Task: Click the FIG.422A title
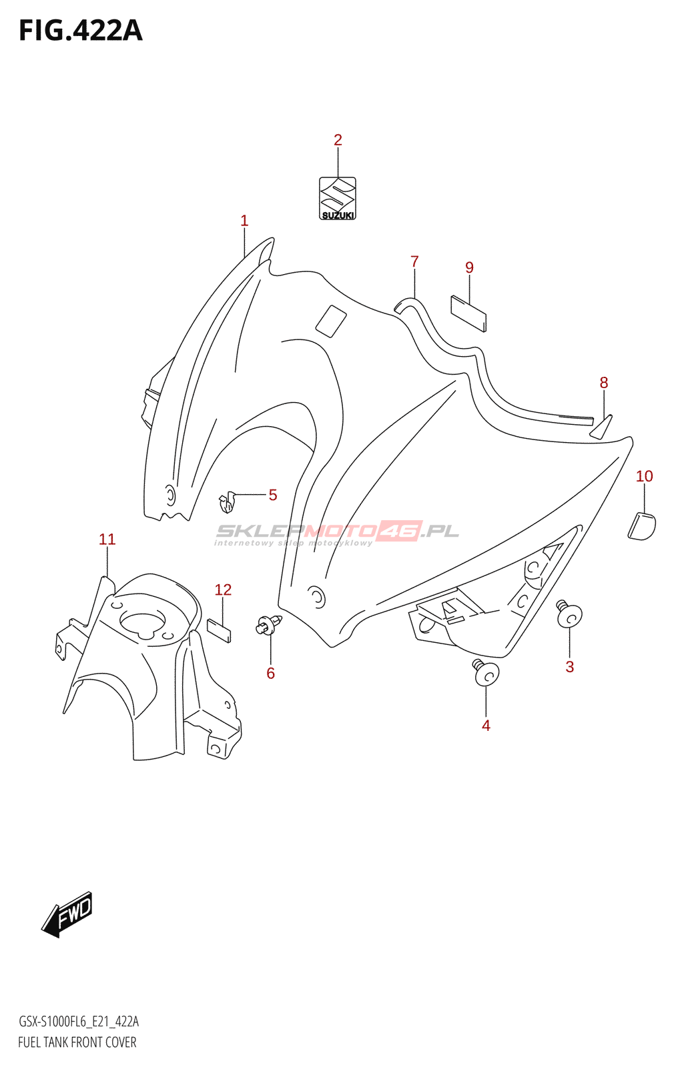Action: click(x=80, y=31)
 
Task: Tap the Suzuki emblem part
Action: click(x=338, y=198)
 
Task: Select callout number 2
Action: click(x=338, y=140)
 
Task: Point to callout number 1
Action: click(x=244, y=221)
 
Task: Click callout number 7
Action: click(x=414, y=262)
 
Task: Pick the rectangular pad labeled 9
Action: click(x=468, y=313)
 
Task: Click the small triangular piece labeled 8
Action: click(x=601, y=427)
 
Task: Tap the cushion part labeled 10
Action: click(x=642, y=525)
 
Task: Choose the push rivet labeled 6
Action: click(x=268, y=626)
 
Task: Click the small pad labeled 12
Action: click(x=220, y=630)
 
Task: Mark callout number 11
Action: click(x=107, y=540)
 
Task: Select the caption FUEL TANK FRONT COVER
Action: click(x=77, y=1042)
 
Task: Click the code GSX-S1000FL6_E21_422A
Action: click(x=79, y=1022)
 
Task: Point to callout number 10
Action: click(x=644, y=476)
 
